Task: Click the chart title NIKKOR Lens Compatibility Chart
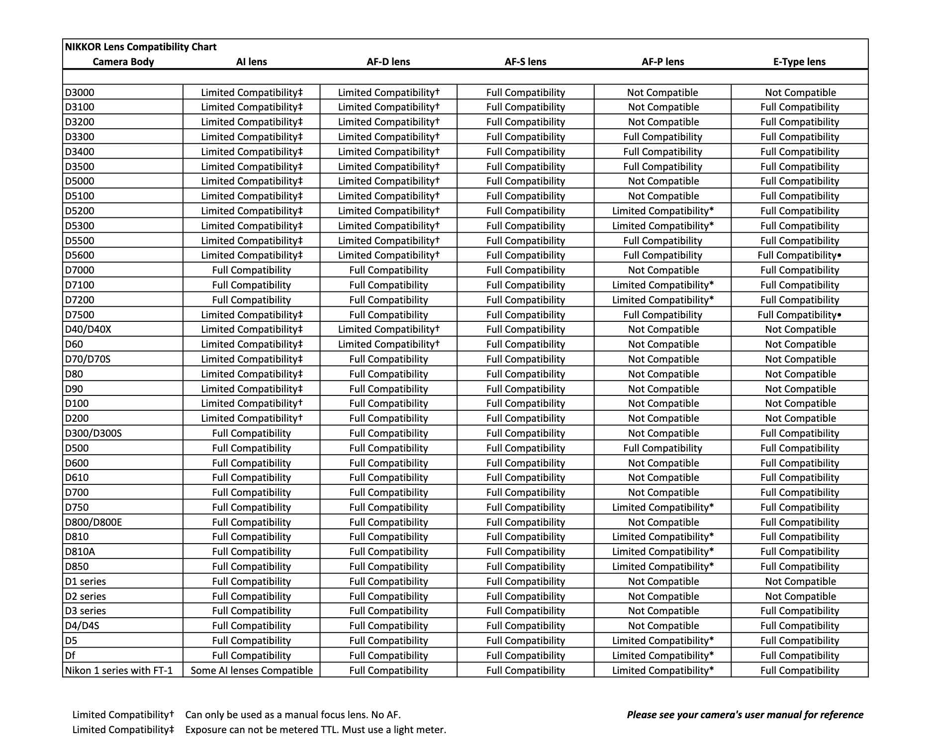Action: click(x=141, y=47)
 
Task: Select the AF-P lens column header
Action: click(x=662, y=62)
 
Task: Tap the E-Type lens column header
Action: click(x=799, y=62)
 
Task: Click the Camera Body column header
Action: click(x=123, y=62)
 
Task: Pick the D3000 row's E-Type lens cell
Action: click(x=800, y=93)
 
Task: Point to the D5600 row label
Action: click(x=80, y=255)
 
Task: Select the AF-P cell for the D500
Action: click(x=662, y=448)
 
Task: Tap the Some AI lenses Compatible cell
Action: click(x=252, y=670)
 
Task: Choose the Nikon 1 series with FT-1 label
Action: click(x=119, y=670)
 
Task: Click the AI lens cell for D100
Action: click(x=252, y=403)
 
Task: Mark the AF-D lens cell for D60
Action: click(x=388, y=344)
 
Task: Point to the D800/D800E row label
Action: click(x=93, y=522)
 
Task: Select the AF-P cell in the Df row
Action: click(x=662, y=656)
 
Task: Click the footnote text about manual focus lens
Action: click(x=293, y=715)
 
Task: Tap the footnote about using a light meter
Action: click(x=315, y=730)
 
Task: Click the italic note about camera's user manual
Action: click(x=745, y=715)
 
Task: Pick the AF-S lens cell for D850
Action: click(x=526, y=566)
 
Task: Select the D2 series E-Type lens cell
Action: click(x=800, y=596)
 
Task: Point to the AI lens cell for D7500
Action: click(x=252, y=315)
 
